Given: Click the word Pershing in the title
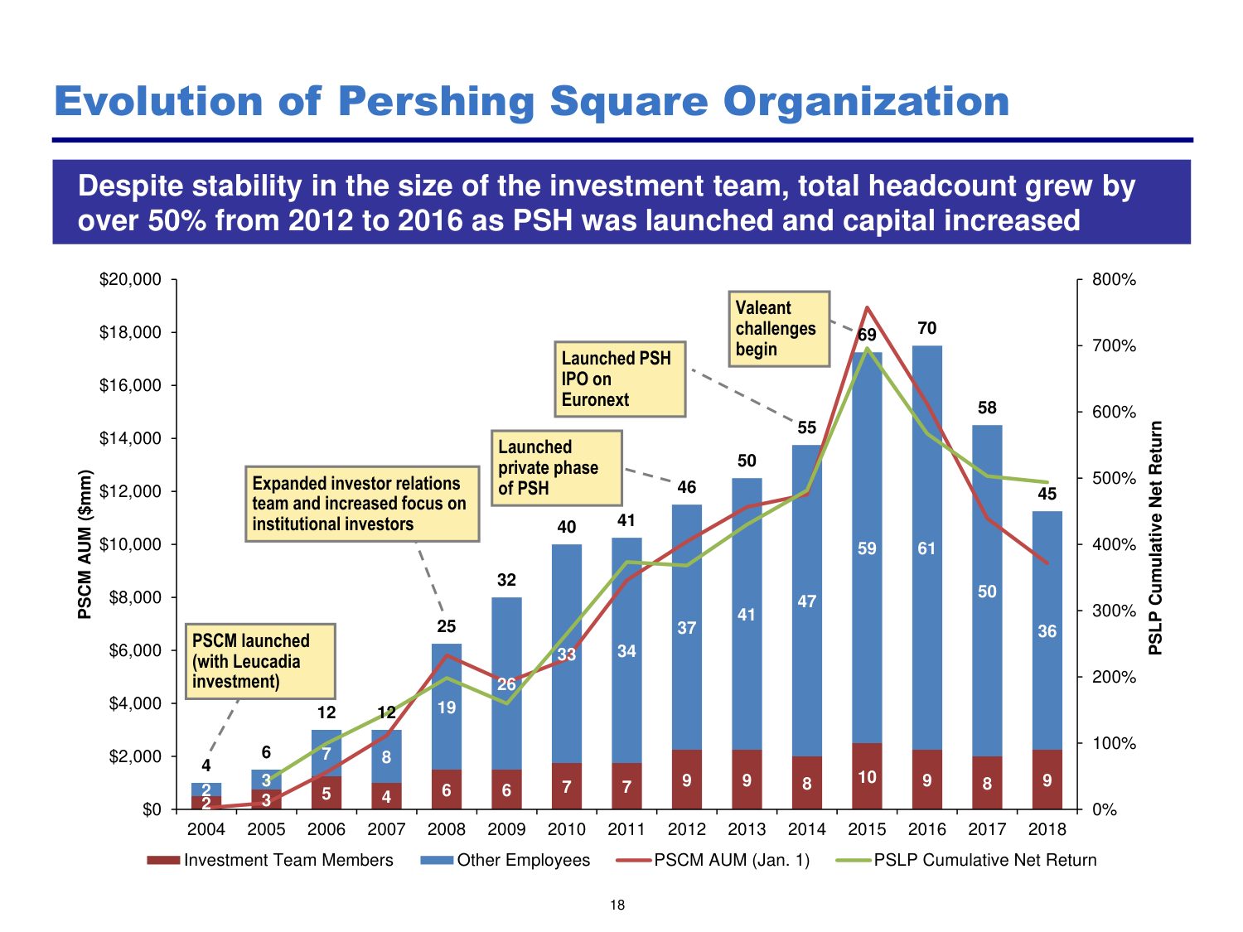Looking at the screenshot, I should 437,102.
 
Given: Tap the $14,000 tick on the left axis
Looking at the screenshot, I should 131,438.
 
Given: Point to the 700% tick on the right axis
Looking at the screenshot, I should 1114,345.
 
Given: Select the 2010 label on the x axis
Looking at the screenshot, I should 567,829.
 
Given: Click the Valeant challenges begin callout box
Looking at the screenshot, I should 778,328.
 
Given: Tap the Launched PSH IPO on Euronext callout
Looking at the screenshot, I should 619,379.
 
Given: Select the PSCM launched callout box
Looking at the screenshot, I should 260,661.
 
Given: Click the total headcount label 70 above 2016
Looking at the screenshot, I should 926,328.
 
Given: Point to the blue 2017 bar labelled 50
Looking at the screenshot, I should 987,591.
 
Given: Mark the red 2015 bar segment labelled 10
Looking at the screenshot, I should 867,776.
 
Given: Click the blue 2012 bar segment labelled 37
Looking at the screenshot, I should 686,627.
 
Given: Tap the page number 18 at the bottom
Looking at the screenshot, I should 617,905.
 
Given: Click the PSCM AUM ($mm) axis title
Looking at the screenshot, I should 85,544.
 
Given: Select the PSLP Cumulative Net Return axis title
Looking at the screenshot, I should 1155,538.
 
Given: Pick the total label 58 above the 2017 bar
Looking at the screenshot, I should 987,408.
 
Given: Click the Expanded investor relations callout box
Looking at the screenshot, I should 362,504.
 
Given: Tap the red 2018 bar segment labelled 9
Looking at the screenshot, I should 1047,780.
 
